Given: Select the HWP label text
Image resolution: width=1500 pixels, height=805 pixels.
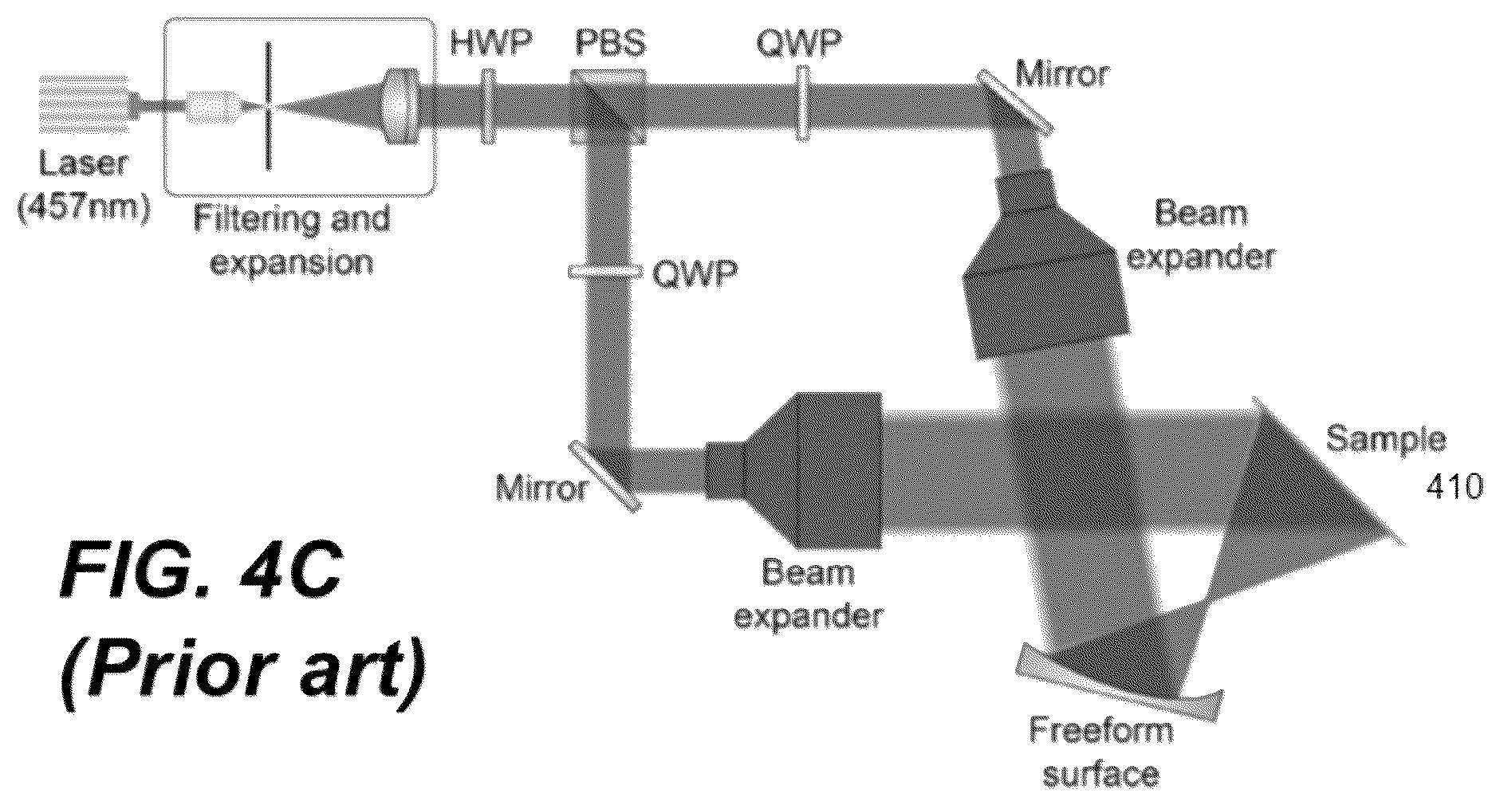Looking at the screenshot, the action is click(x=490, y=43).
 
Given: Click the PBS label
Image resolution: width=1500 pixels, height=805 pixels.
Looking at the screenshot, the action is click(x=610, y=43).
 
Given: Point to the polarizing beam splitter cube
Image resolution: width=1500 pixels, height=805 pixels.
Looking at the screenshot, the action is click(x=608, y=107).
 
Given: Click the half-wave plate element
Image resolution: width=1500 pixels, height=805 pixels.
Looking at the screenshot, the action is click(x=488, y=107).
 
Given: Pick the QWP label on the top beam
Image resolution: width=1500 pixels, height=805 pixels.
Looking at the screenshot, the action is click(x=798, y=43).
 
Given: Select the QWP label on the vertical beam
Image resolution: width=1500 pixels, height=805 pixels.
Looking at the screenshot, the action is click(x=695, y=273).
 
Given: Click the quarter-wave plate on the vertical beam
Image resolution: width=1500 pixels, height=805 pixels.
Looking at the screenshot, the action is click(x=604, y=273).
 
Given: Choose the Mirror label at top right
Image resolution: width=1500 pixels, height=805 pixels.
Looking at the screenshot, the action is click(x=1062, y=74).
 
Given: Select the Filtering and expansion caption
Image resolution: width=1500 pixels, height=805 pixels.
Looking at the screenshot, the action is click(x=292, y=239).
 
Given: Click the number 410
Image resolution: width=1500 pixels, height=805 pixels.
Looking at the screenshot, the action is click(x=1454, y=485).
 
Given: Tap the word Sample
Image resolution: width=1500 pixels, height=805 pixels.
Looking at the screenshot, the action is click(x=1385, y=440).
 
